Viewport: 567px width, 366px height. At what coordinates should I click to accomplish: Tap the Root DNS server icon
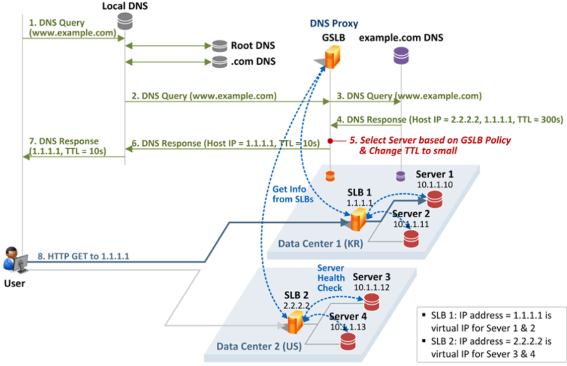[219, 46]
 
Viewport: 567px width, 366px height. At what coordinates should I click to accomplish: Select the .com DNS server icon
[219, 62]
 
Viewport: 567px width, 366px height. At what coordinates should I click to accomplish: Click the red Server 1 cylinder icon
[434, 199]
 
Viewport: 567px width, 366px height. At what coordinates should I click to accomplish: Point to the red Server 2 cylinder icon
[411, 238]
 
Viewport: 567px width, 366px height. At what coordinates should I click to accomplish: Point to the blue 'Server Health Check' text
[331, 278]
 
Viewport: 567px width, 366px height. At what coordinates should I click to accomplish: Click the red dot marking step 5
[330, 141]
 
